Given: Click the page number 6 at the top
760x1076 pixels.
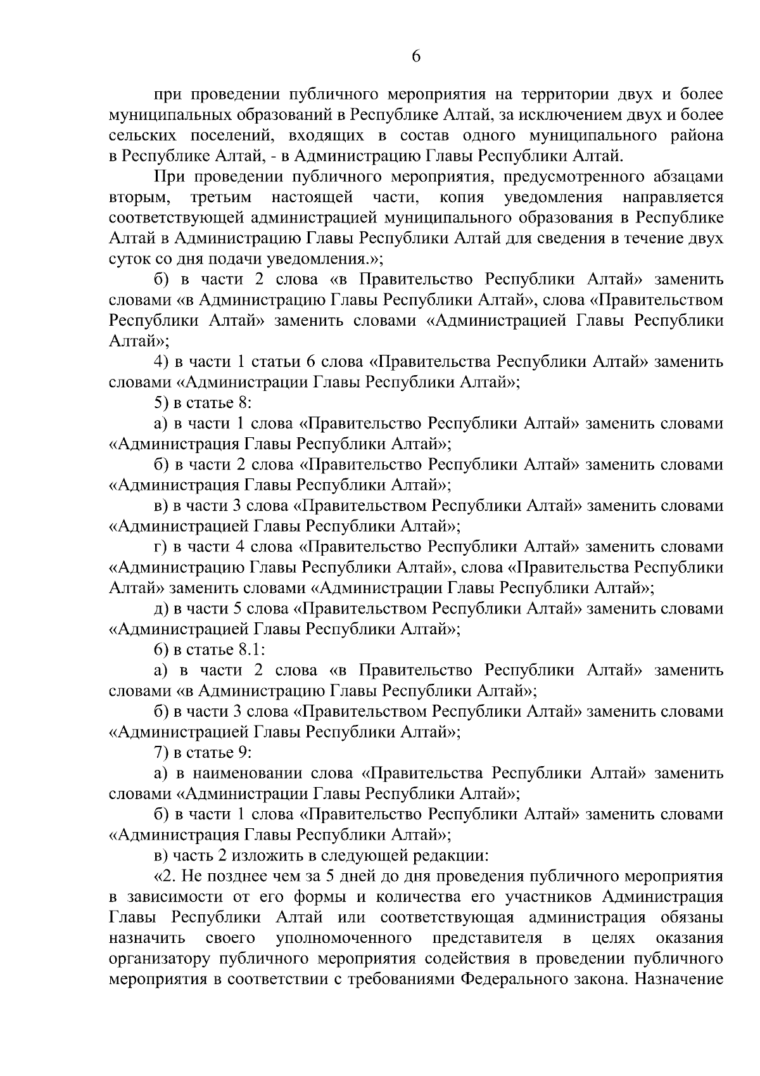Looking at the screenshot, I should [x=416, y=56].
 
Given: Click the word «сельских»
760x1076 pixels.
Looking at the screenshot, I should [x=140, y=136].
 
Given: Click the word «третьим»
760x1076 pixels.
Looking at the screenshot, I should [x=220, y=198].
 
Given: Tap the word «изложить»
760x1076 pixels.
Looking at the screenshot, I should [x=267, y=856].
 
